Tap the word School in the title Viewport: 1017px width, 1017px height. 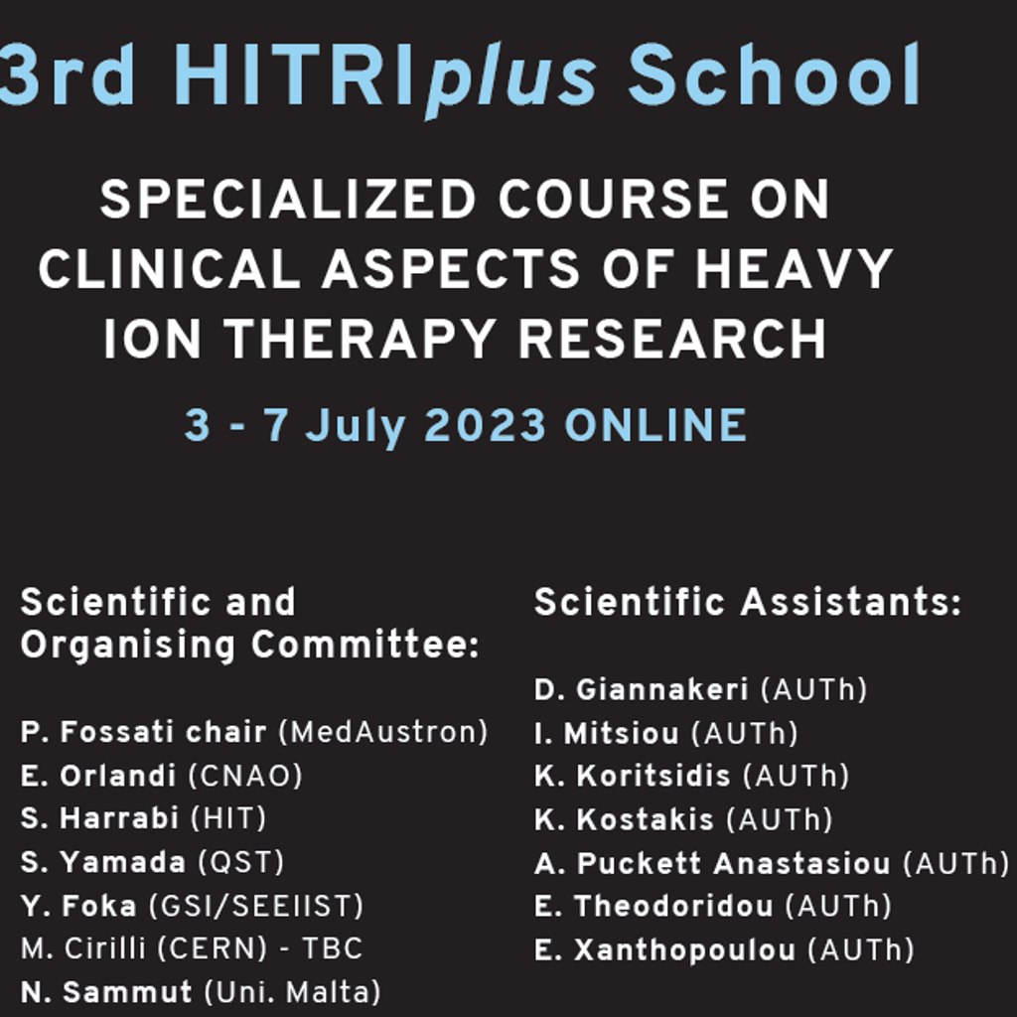click(774, 74)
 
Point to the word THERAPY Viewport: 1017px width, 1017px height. click(360, 339)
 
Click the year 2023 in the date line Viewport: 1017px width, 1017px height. click(485, 425)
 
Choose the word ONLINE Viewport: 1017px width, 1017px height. click(655, 425)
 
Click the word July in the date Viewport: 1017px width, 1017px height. click(356, 427)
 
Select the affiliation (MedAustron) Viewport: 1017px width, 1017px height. click(382, 732)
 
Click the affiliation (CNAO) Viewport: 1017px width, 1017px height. click(245, 776)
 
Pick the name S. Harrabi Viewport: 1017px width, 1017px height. click(99, 818)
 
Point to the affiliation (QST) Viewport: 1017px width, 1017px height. click(240, 863)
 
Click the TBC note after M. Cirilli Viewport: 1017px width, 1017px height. click(332, 948)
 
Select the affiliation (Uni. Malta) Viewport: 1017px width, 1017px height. click(293, 993)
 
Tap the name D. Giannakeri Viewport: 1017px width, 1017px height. click(641, 689)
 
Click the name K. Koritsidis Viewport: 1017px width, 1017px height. click(633, 776)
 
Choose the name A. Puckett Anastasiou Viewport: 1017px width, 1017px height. click(712, 863)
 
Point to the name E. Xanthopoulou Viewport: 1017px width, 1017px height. click(664, 950)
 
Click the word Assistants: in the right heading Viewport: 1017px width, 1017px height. click(851, 602)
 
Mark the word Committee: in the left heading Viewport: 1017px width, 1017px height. click(365, 645)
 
